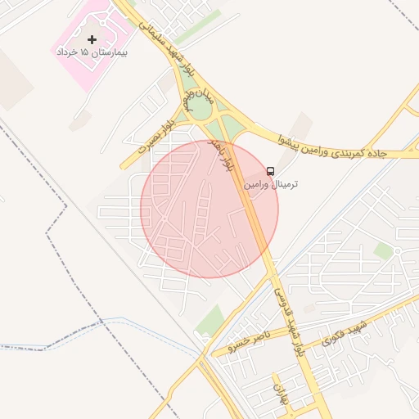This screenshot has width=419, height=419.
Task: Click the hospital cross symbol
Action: click(x=92, y=39)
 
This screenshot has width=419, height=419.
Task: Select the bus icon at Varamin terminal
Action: click(x=271, y=171)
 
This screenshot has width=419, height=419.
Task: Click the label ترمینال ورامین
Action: click(x=271, y=184)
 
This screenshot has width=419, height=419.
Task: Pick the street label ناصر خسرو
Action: click(x=249, y=340)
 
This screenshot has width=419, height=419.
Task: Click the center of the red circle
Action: click(x=209, y=209)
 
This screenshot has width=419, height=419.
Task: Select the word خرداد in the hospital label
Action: click(x=68, y=52)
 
